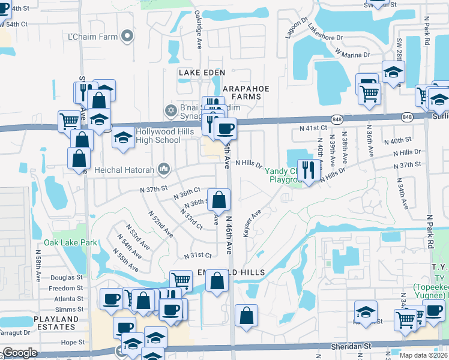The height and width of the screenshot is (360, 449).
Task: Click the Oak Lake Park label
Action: [70, 242]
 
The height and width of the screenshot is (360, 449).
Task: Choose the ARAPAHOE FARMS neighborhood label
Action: [246, 93]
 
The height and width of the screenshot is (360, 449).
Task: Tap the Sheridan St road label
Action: [351, 346]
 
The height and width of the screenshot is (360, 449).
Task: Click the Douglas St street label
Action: [67, 277]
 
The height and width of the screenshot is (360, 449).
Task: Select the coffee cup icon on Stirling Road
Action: [225, 128]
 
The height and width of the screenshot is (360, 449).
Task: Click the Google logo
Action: [20, 353]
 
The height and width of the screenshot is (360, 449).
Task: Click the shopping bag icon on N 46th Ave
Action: [220, 200]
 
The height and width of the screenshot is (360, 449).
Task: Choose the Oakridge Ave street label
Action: [199, 33]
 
